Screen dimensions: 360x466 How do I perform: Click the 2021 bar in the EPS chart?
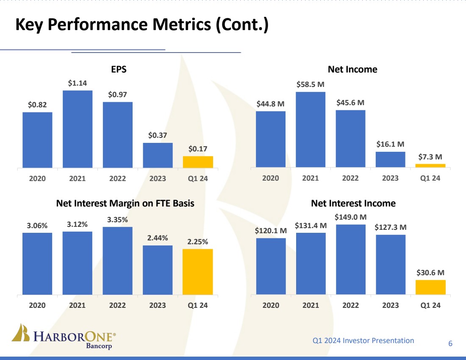click(x=78, y=129)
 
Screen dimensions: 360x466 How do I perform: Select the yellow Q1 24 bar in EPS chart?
click(x=198, y=162)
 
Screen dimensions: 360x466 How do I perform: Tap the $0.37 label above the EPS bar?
click(x=158, y=136)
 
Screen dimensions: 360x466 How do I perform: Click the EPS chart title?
click(x=119, y=70)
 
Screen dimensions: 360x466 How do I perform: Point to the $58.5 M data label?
click(x=311, y=85)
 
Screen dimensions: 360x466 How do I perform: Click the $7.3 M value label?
click(x=430, y=157)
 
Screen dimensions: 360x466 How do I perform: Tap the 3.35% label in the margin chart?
click(x=117, y=220)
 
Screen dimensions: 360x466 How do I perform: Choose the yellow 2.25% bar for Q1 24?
click(x=198, y=272)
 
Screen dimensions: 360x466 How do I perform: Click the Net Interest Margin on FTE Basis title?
click(x=125, y=204)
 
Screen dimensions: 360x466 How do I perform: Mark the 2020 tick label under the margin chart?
click(x=37, y=305)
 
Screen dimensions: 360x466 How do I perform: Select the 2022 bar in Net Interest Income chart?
click(x=351, y=260)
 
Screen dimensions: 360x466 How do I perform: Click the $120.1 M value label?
click(x=271, y=231)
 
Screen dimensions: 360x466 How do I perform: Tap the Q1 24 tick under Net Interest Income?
click(x=430, y=305)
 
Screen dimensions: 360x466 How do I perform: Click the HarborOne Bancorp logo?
click(x=64, y=338)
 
